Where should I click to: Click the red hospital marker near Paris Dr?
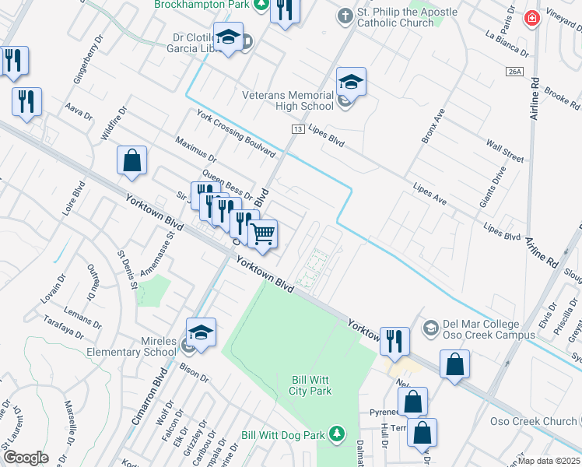pos(532,18)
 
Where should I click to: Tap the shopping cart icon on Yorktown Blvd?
pos(263,233)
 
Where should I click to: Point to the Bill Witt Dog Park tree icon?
pos(336,433)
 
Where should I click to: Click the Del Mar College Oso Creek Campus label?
pos(489,329)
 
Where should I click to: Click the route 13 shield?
pos(297,128)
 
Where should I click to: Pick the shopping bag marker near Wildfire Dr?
pos(132,161)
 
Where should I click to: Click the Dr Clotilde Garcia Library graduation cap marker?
pos(229,37)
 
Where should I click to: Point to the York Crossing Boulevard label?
pos(237,132)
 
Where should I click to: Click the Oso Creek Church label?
pos(533,421)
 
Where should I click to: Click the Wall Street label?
pos(505,149)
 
